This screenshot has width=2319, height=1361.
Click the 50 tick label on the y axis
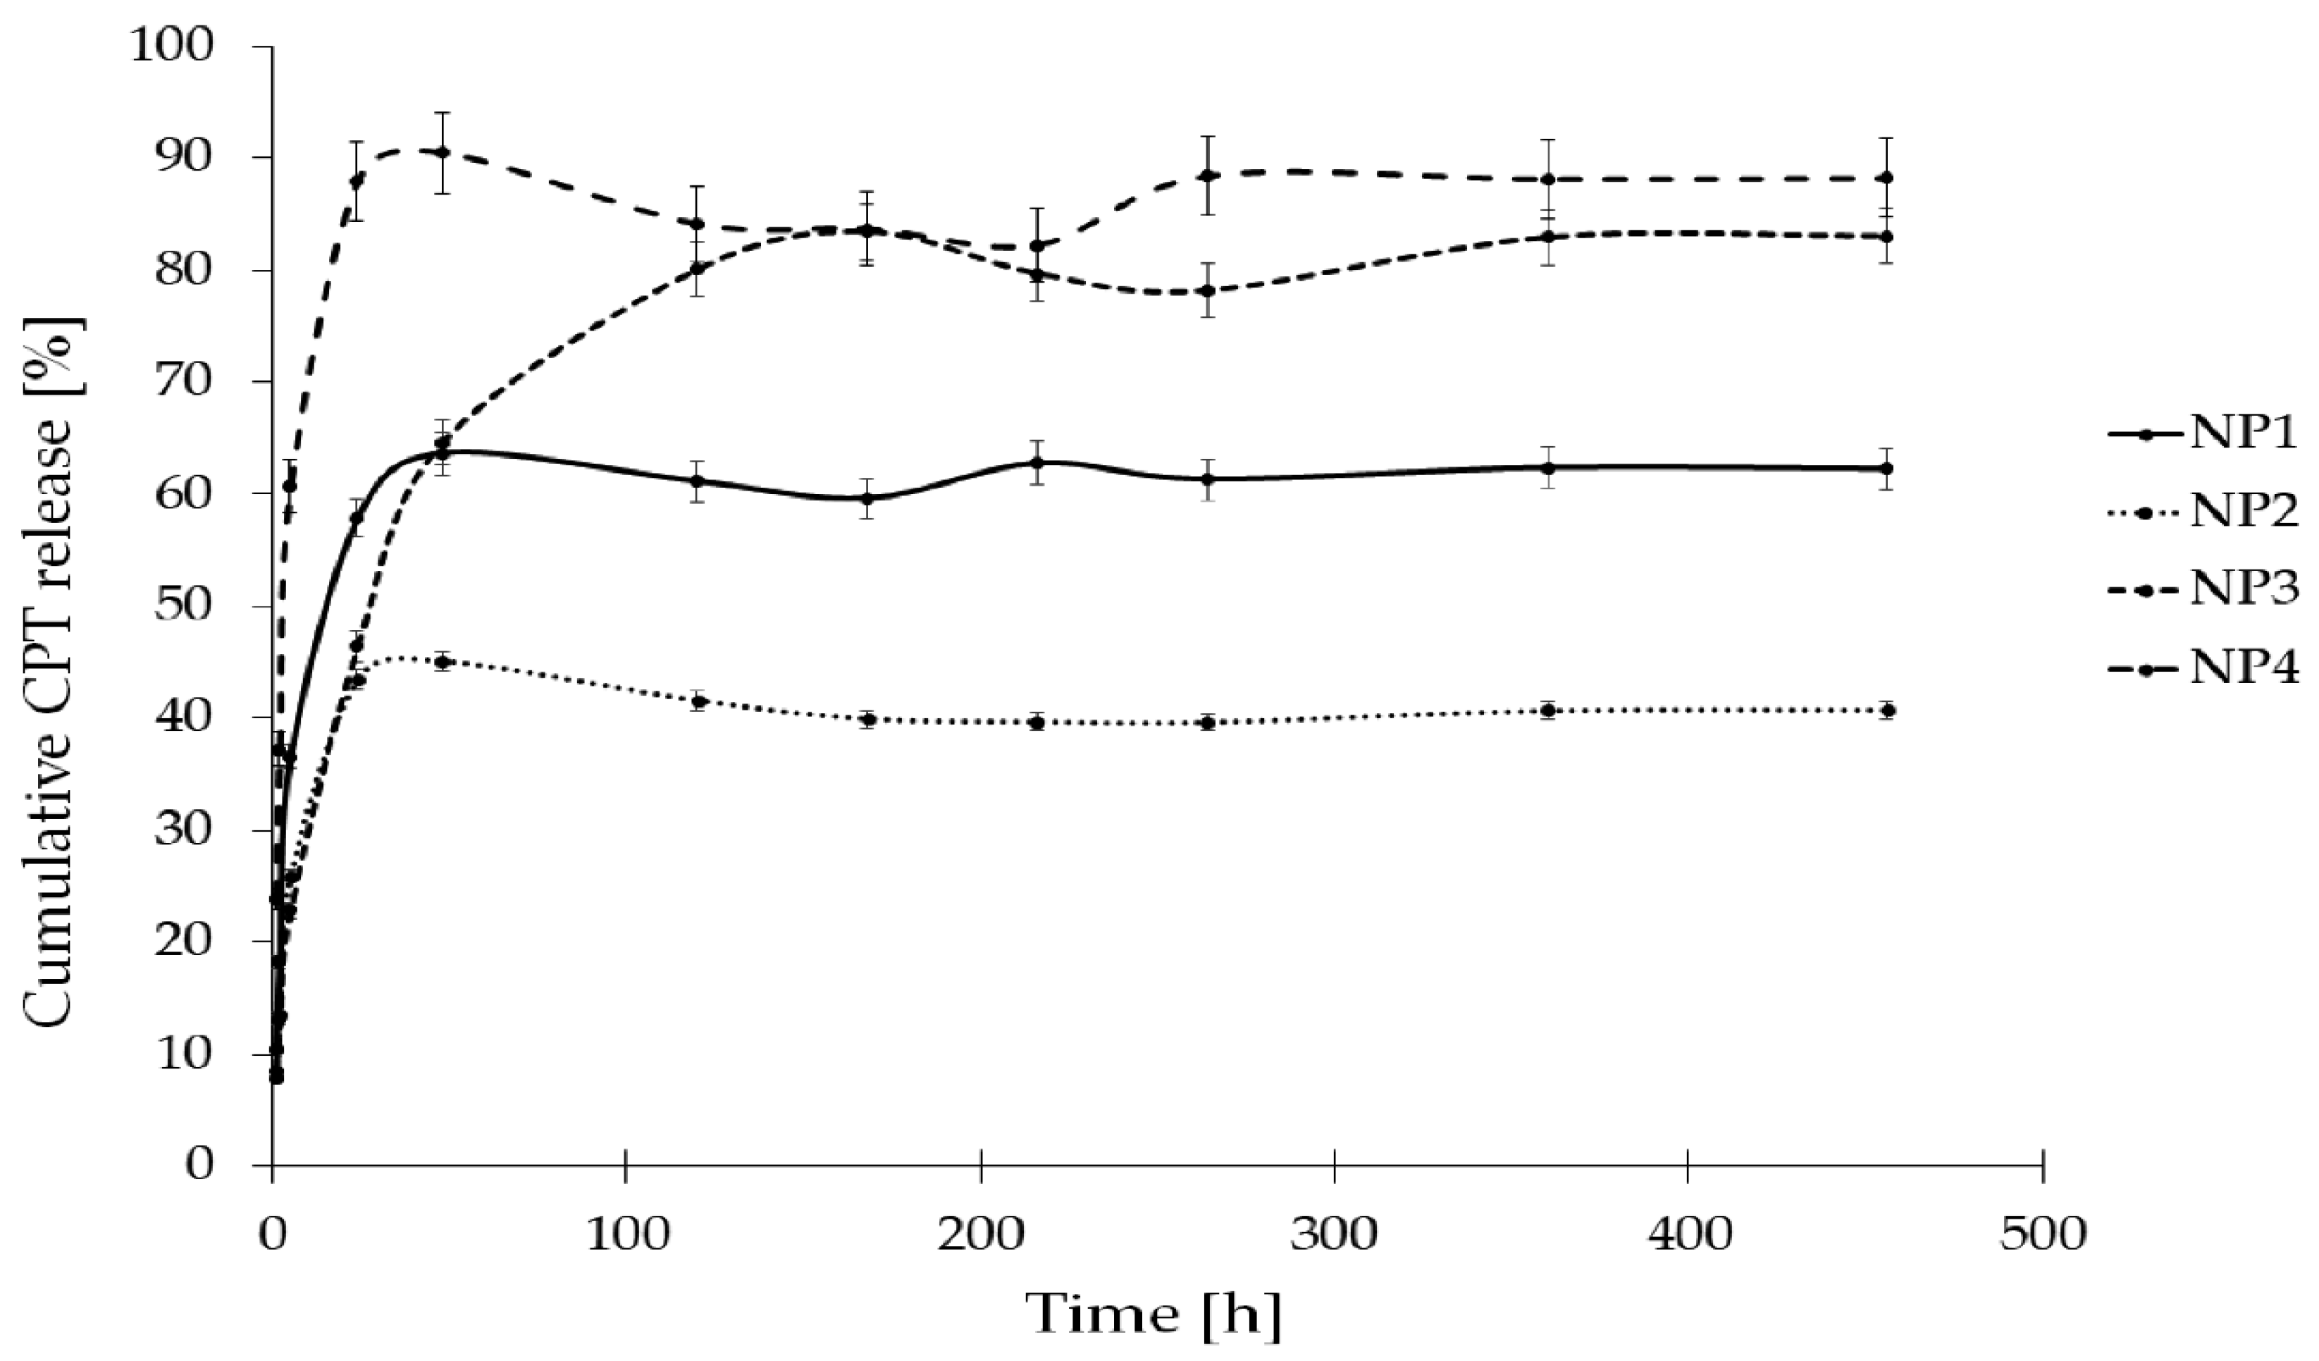point(184,606)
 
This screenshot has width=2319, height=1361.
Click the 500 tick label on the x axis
point(2043,1235)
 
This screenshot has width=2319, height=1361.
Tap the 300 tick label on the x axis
point(1335,1235)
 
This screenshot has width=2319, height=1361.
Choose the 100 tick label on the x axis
point(626,1235)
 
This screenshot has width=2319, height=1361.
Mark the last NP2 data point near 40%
point(1886,710)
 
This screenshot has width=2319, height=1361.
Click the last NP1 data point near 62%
point(1886,469)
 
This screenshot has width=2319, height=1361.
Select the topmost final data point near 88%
point(1886,178)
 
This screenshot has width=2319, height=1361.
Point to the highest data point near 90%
point(443,152)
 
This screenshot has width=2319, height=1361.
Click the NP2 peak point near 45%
point(443,662)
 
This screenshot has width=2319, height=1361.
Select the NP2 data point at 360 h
point(1548,710)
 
